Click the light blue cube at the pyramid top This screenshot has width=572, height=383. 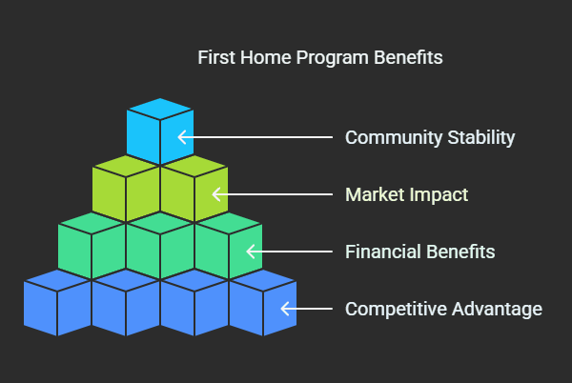click(x=160, y=131)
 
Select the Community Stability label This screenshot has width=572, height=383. click(x=430, y=137)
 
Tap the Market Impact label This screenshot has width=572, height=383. click(x=407, y=194)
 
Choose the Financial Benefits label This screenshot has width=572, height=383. click(x=419, y=252)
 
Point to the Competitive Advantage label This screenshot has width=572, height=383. click(x=443, y=309)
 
